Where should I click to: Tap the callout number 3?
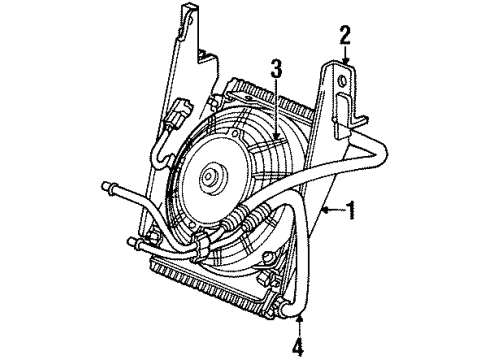(275, 69)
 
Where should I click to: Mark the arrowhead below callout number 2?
(344, 62)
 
